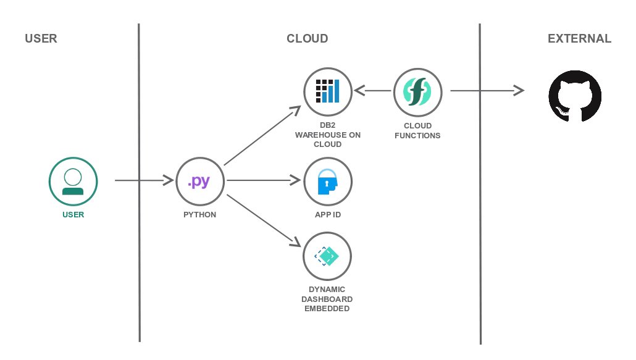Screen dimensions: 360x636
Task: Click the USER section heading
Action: click(x=41, y=38)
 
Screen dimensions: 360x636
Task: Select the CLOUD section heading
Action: click(x=307, y=38)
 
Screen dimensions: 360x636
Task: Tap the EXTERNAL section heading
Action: click(x=579, y=38)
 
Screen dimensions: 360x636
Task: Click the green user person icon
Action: click(x=73, y=181)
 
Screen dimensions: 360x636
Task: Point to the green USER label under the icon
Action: click(x=73, y=215)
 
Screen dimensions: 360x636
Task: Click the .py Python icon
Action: click(x=200, y=181)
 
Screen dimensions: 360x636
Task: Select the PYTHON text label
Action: click(x=199, y=215)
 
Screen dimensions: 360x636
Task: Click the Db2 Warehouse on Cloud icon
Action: click(x=327, y=91)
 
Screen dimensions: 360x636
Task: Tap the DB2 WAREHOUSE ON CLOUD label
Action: click(x=327, y=135)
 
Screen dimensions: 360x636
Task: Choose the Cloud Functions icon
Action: click(x=417, y=91)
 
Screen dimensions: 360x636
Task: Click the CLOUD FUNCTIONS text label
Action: click(x=417, y=130)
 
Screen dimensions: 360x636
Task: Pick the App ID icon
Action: click(x=327, y=182)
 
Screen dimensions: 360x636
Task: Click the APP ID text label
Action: click(x=327, y=215)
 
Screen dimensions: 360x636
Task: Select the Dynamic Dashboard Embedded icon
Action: click(x=327, y=256)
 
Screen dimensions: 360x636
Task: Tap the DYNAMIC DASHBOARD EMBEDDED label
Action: click(x=327, y=298)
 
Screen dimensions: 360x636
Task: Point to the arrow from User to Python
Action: click(x=143, y=181)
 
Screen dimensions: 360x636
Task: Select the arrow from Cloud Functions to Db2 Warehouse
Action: click(x=373, y=92)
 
